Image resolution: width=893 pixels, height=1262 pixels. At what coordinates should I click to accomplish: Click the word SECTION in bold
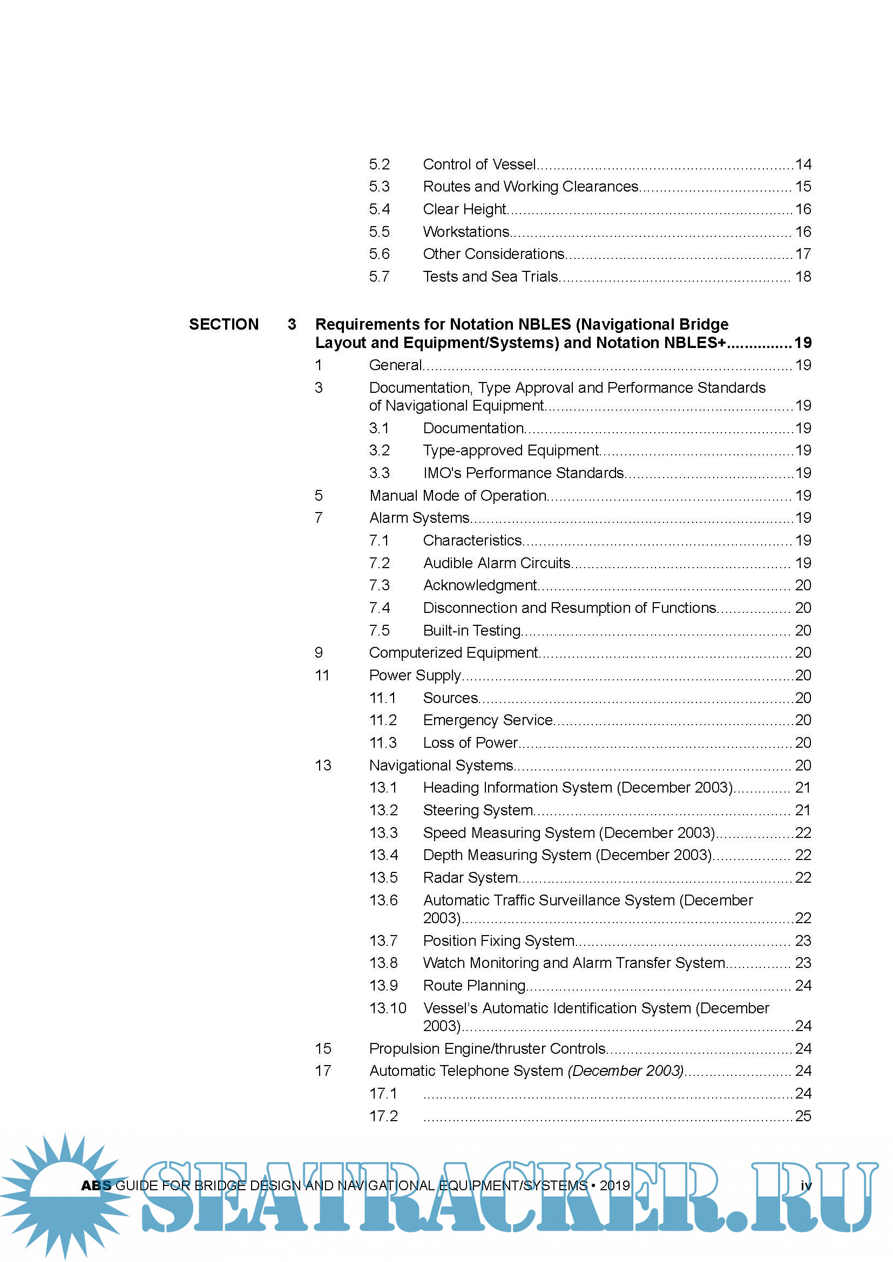tap(224, 324)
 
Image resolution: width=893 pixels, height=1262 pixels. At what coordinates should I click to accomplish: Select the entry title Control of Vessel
tap(479, 165)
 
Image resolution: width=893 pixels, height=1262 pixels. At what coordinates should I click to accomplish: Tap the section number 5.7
tap(379, 276)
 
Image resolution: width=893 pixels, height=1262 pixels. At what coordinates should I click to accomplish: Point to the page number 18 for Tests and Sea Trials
tap(803, 276)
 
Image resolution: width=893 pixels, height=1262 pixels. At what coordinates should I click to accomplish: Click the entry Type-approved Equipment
tap(511, 450)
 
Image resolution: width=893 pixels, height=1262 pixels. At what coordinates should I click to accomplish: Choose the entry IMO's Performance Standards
tap(524, 473)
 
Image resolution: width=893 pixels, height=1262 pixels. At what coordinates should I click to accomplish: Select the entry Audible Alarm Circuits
tap(497, 563)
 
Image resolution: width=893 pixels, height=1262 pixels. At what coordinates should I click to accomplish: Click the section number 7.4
tap(379, 608)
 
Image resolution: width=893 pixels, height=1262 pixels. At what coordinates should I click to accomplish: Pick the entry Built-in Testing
tap(472, 630)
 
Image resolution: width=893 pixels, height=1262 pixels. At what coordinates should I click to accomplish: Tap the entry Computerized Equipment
tap(453, 652)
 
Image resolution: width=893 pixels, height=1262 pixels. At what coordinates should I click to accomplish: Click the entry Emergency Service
tap(488, 720)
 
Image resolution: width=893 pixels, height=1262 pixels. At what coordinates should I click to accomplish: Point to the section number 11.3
tap(383, 742)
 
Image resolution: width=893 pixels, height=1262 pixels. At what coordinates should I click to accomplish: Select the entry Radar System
tap(470, 877)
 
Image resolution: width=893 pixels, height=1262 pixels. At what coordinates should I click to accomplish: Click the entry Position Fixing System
tap(499, 940)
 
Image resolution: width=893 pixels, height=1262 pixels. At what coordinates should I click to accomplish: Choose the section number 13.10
tap(388, 1008)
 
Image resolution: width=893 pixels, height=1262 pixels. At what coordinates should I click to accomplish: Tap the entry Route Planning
tap(474, 986)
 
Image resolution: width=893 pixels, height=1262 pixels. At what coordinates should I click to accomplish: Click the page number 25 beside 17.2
tap(803, 1116)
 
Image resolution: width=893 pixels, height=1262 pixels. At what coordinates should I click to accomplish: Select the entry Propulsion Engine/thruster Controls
tap(487, 1049)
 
